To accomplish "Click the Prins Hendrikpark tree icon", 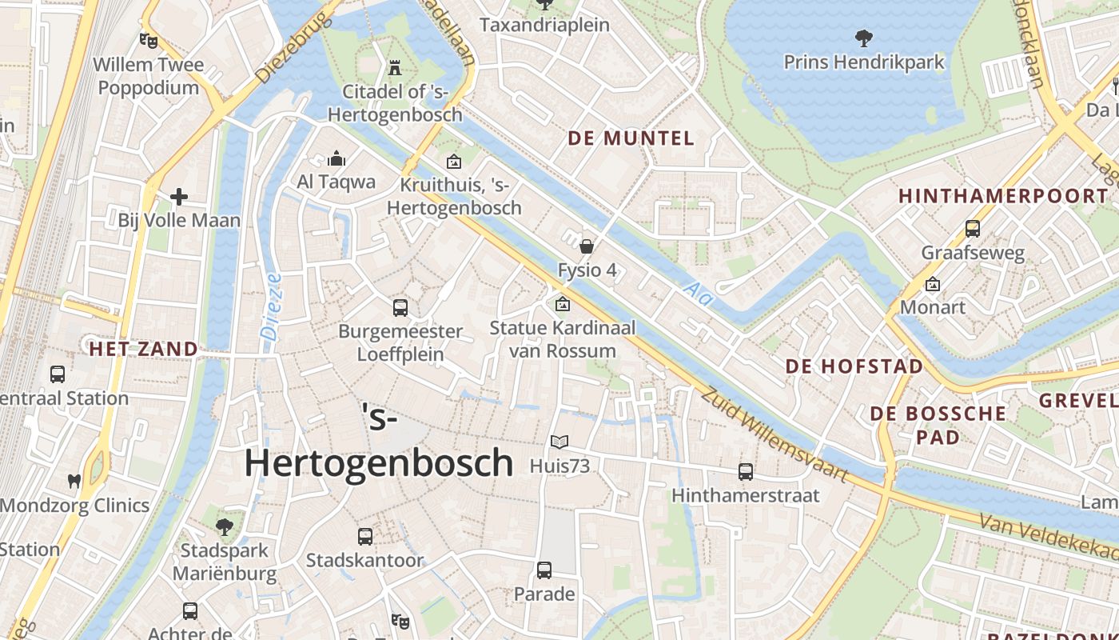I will pyautogui.click(x=863, y=37).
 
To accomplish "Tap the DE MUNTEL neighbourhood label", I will pyautogui.click(x=631, y=138).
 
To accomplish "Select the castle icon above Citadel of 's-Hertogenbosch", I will pyautogui.click(x=394, y=67).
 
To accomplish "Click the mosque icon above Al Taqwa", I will pyautogui.click(x=336, y=158).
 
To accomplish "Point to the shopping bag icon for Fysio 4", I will pyautogui.click(x=587, y=246).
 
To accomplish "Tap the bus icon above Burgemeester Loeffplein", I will pyautogui.click(x=400, y=307).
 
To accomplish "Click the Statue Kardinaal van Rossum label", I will pyautogui.click(x=562, y=339).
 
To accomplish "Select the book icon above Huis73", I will pyautogui.click(x=559, y=442).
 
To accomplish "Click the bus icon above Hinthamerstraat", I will pyautogui.click(x=746, y=472).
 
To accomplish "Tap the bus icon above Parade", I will pyautogui.click(x=544, y=570).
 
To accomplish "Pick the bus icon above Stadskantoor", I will pyautogui.click(x=365, y=537).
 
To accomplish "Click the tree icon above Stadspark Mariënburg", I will pyautogui.click(x=225, y=526).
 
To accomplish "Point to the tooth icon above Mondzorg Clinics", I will pyautogui.click(x=74, y=482).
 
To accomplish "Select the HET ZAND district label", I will pyautogui.click(x=143, y=350).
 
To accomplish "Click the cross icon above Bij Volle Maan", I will pyautogui.click(x=179, y=196).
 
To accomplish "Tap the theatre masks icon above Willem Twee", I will pyautogui.click(x=148, y=39).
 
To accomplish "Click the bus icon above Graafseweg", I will pyautogui.click(x=973, y=229).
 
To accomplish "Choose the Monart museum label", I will pyautogui.click(x=932, y=307).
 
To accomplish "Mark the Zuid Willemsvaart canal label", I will pyautogui.click(x=774, y=435).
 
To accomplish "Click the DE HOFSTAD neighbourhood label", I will pyautogui.click(x=854, y=366).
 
